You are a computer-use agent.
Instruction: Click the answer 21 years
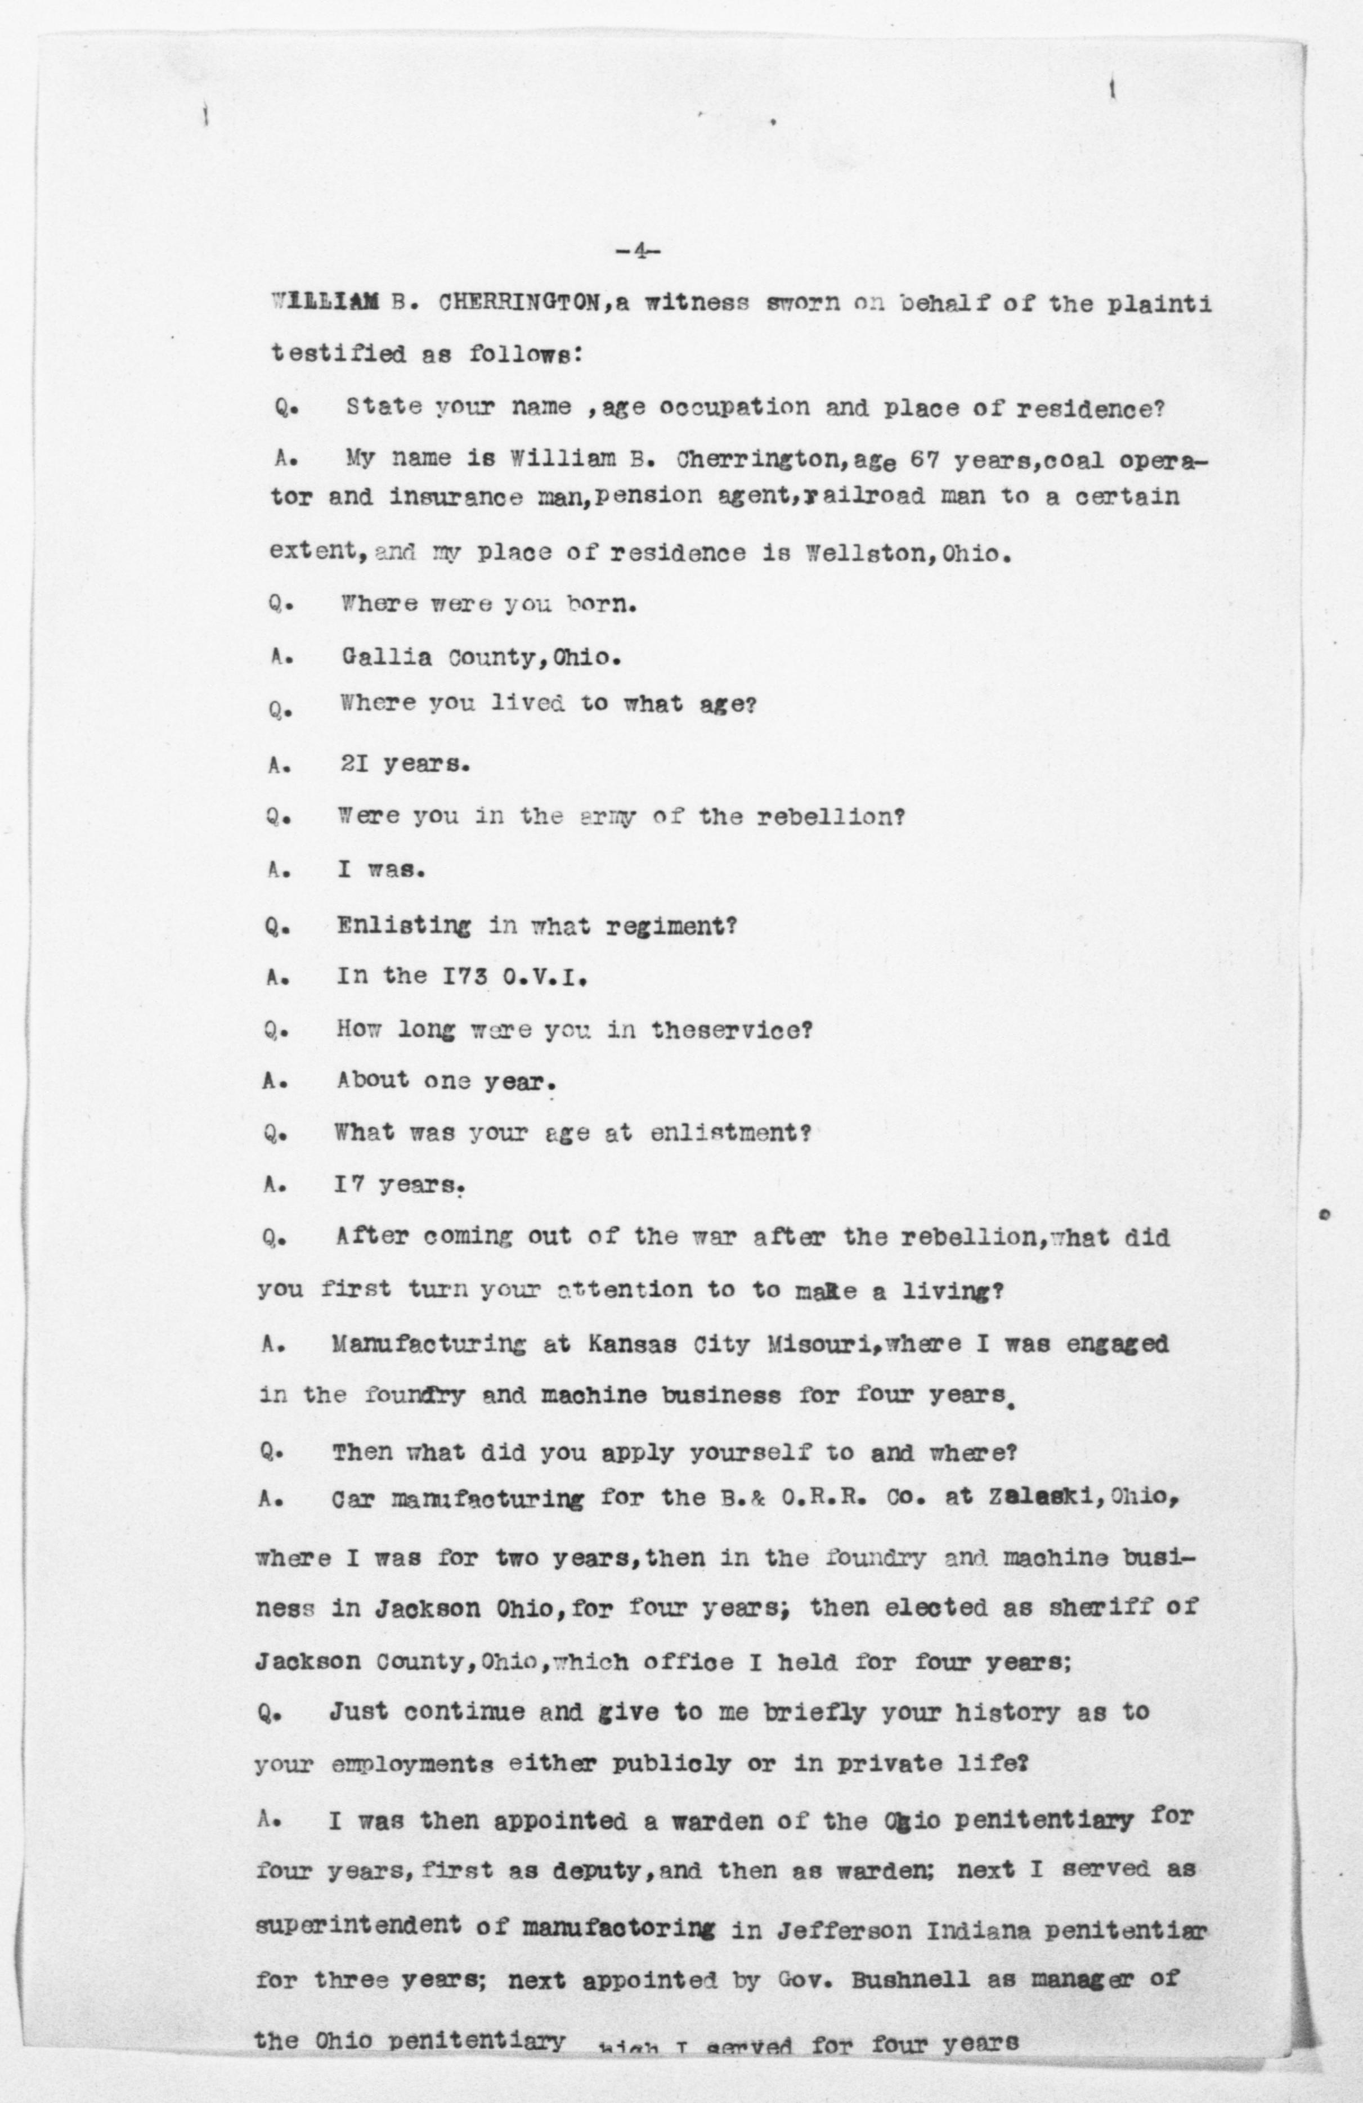404,765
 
